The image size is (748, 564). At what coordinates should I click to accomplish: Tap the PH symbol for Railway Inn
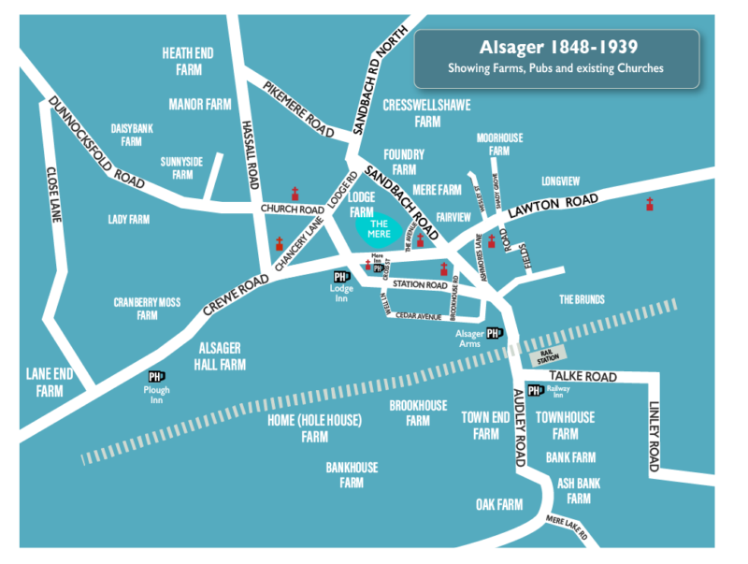pos(536,391)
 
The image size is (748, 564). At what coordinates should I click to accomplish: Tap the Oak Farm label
pos(497,505)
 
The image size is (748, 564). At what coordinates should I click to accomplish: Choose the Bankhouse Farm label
pos(352,474)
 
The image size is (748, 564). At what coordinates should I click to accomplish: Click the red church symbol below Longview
pos(649,204)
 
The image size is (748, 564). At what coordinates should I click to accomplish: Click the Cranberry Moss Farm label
pos(148,309)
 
